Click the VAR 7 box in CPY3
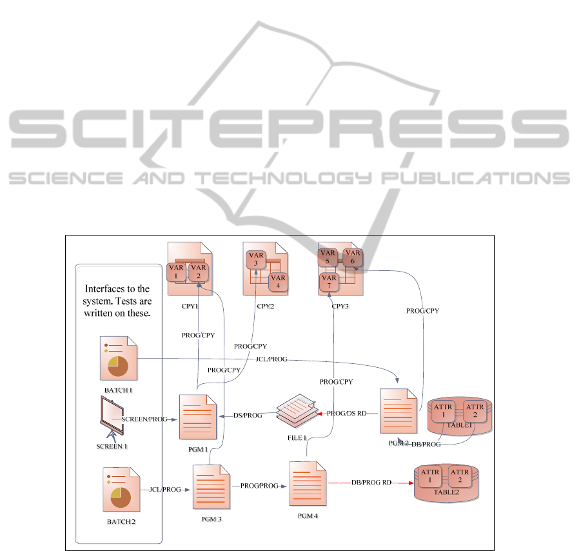[x=329, y=282]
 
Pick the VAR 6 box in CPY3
[x=353, y=257]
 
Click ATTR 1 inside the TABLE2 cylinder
[x=430, y=476]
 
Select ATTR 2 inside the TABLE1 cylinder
[x=475, y=411]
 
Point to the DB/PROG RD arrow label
[x=371, y=483]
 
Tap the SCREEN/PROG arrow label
[x=144, y=419]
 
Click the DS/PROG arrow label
[x=249, y=416]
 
